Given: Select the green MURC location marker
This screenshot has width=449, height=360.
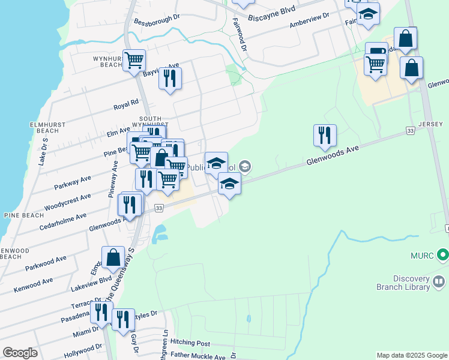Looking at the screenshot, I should pyautogui.click(x=443, y=255).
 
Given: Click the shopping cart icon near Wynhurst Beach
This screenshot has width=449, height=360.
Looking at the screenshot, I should pyautogui.click(x=134, y=60).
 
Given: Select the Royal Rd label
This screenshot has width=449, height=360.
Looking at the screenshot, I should pyautogui.click(x=126, y=104).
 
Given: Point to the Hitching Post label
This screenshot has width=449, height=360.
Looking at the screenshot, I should pyautogui.click(x=190, y=343).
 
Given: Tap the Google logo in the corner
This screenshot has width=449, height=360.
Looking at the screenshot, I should pyautogui.click(x=20, y=353).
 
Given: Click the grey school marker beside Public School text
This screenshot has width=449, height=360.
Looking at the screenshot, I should pyautogui.click(x=244, y=166).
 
